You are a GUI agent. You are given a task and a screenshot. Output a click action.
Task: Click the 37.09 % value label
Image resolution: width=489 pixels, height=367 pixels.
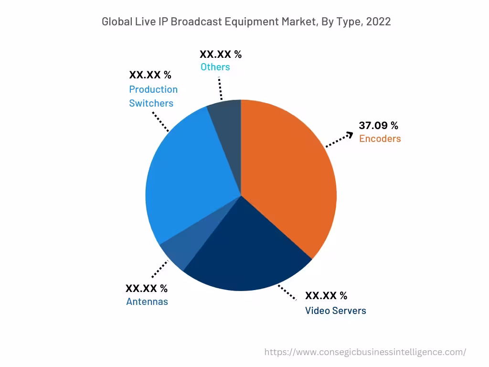[x=378, y=126]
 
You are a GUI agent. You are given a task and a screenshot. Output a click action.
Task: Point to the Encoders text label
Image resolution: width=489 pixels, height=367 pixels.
[x=380, y=139]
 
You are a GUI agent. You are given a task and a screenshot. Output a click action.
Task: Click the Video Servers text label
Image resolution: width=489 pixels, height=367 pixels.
[x=335, y=311]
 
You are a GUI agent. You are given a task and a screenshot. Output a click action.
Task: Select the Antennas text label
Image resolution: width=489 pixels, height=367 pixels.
[x=147, y=302]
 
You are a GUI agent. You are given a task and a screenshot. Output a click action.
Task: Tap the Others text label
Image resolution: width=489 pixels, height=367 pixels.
[x=215, y=67]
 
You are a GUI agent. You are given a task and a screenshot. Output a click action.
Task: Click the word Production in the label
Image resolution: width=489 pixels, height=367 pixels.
[x=153, y=89]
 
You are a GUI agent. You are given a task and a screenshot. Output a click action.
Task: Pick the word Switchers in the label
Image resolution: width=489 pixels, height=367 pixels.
[x=151, y=103]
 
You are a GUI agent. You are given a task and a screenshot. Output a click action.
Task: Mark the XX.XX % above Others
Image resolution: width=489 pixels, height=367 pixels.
[x=220, y=54]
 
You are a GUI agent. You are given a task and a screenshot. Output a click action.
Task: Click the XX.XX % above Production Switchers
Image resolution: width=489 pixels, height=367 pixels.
[x=150, y=75]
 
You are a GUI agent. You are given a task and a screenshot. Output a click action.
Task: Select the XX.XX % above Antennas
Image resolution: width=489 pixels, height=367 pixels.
[x=146, y=289]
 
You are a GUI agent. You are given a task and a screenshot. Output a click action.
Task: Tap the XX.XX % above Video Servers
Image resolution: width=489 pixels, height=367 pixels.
[x=326, y=296]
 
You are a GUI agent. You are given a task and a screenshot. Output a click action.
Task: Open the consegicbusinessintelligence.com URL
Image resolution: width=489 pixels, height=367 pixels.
[x=365, y=352]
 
